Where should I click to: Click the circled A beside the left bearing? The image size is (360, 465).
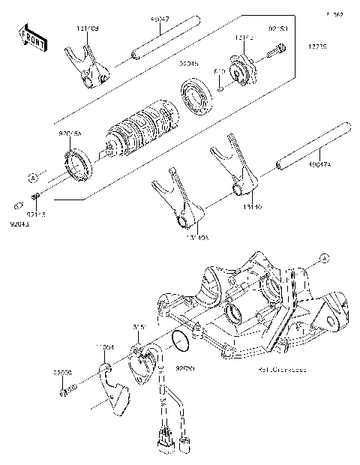pyautogui.click(x=33, y=177)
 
